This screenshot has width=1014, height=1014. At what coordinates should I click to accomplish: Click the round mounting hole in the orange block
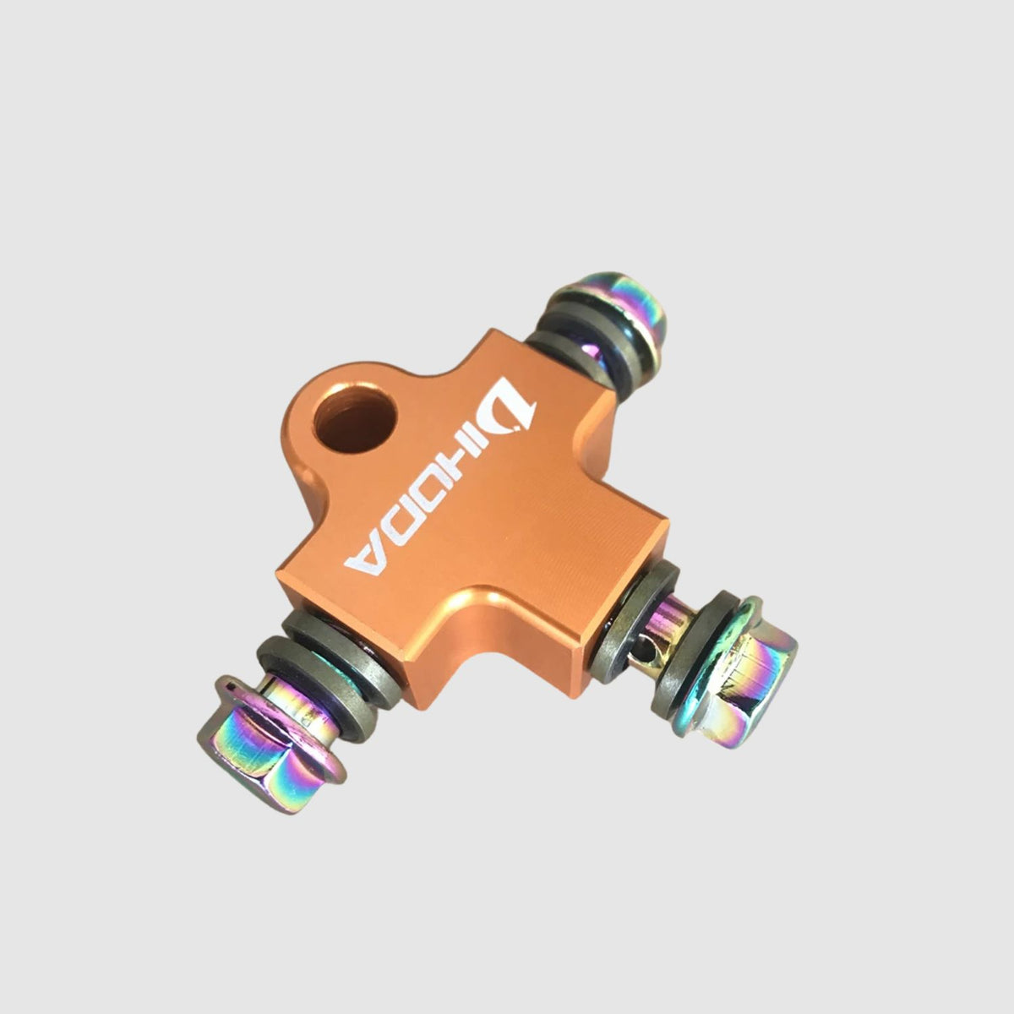click(x=355, y=419)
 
